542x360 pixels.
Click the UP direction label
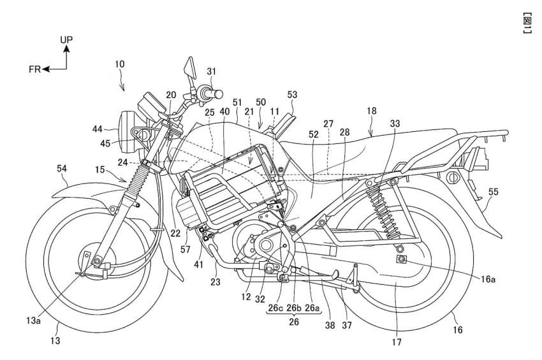pos(67,40)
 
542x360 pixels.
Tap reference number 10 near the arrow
pos(121,64)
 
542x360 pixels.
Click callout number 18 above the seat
pos(372,111)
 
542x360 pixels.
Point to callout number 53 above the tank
pos(292,95)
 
